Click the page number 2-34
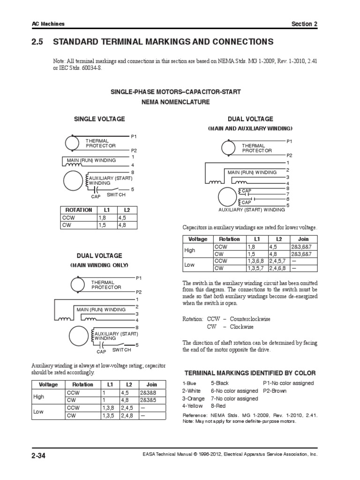[x=40, y=454]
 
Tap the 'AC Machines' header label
[x=48, y=24]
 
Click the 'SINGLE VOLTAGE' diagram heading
[x=99, y=119]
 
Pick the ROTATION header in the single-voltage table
[x=78, y=210]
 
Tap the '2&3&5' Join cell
[x=151, y=400]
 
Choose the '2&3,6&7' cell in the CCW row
[x=300, y=246]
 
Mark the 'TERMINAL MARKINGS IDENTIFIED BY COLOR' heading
[x=249, y=373]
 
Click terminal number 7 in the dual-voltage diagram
[x=288, y=194]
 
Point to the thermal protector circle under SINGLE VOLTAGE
[x=73, y=142]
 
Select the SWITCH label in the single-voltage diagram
[x=116, y=195]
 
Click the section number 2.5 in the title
[x=37, y=42]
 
